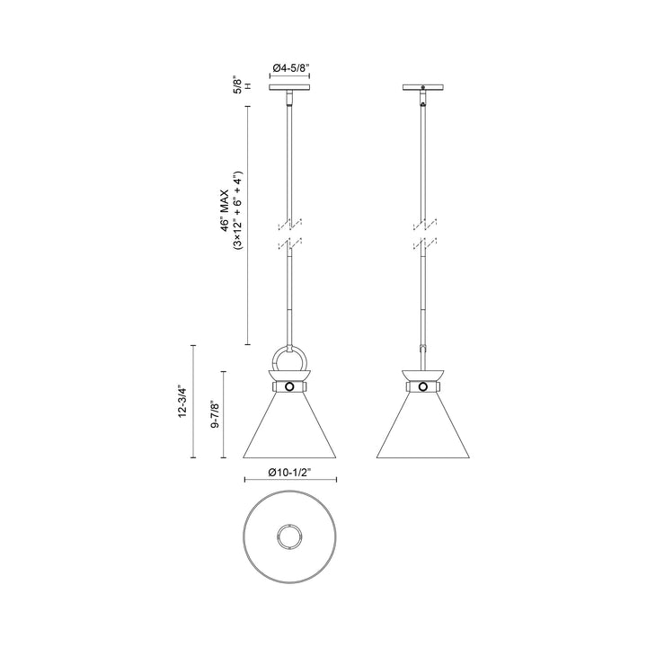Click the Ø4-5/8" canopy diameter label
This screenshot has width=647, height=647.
coord(290,66)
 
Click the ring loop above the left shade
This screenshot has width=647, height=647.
coord(290,362)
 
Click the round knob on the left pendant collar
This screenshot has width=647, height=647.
coord(290,387)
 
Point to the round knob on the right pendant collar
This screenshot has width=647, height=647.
coord(423,387)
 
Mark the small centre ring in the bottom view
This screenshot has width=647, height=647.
coord(290,536)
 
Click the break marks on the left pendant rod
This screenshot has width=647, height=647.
coord(290,231)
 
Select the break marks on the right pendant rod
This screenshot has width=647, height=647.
coord(423,231)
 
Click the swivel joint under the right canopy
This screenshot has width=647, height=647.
coord(423,102)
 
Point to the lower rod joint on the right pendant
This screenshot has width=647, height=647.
coord(423,347)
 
